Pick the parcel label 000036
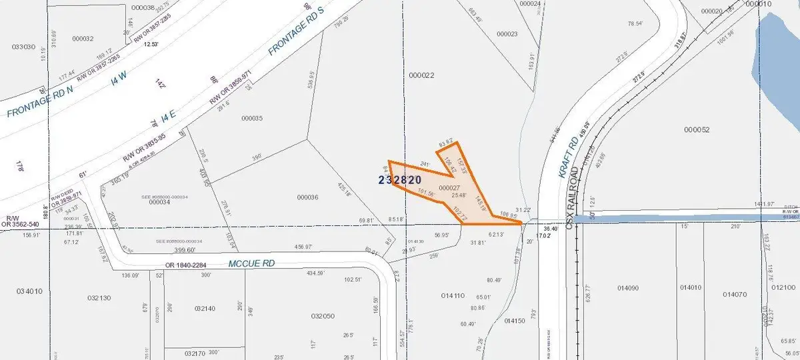point(307,197)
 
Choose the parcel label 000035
point(253,119)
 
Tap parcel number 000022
point(423,75)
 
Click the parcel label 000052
point(697,130)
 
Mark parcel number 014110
point(453,295)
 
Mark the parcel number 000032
point(81,39)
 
